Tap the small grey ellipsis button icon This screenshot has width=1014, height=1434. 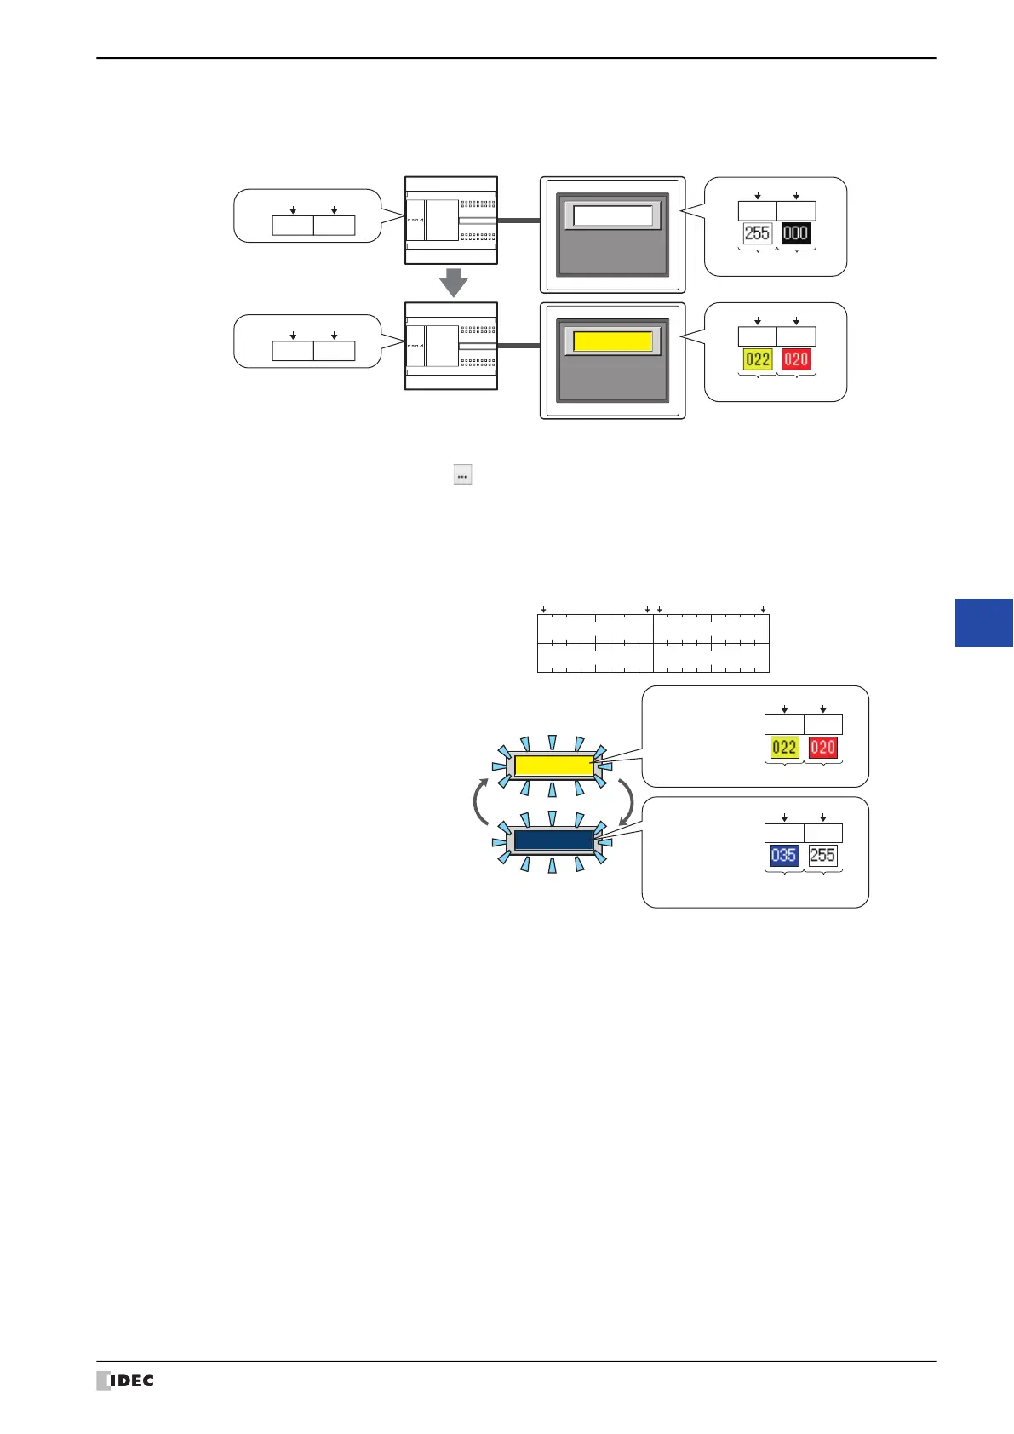pyautogui.click(x=462, y=475)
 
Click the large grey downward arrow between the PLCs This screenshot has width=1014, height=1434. pyautogui.click(x=453, y=283)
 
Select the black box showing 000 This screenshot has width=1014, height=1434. pyautogui.click(x=795, y=233)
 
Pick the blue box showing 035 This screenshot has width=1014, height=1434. pyautogui.click(x=783, y=855)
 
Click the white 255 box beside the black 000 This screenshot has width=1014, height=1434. pyautogui.click(x=757, y=233)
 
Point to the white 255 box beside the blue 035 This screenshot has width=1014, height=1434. pyautogui.click(x=822, y=855)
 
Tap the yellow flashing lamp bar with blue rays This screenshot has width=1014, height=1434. pyautogui.click(x=554, y=765)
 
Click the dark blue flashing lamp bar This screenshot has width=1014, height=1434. pyautogui.click(x=554, y=840)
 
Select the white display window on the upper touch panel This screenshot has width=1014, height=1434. pyautogui.click(x=613, y=215)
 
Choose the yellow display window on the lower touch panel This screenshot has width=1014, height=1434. pyautogui.click(x=613, y=341)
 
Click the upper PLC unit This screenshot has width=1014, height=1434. pyautogui.click(x=451, y=221)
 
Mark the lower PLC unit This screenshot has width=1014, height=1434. pyautogui.click(x=451, y=346)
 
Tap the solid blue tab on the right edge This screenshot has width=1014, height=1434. pyautogui.click(x=984, y=622)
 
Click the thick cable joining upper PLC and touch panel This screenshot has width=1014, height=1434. pyautogui.click(x=518, y=221)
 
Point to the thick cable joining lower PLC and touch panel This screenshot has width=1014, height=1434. pyautogui.click(x=518, y=346)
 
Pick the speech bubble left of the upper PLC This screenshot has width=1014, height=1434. pyautogui.click(x=307, y=215)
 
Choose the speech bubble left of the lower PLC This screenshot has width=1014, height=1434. pyautogui.click(x=307, y=341)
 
